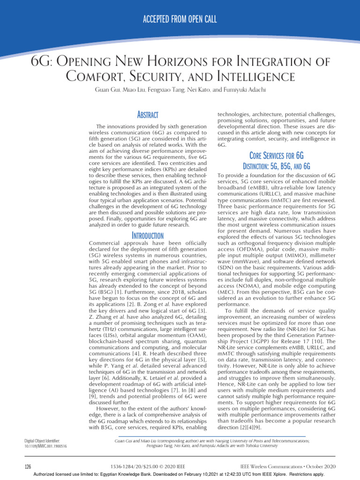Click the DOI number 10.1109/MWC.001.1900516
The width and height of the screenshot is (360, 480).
click(x=45, y=447)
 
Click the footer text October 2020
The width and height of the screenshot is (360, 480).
click(x=320, y=467)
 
